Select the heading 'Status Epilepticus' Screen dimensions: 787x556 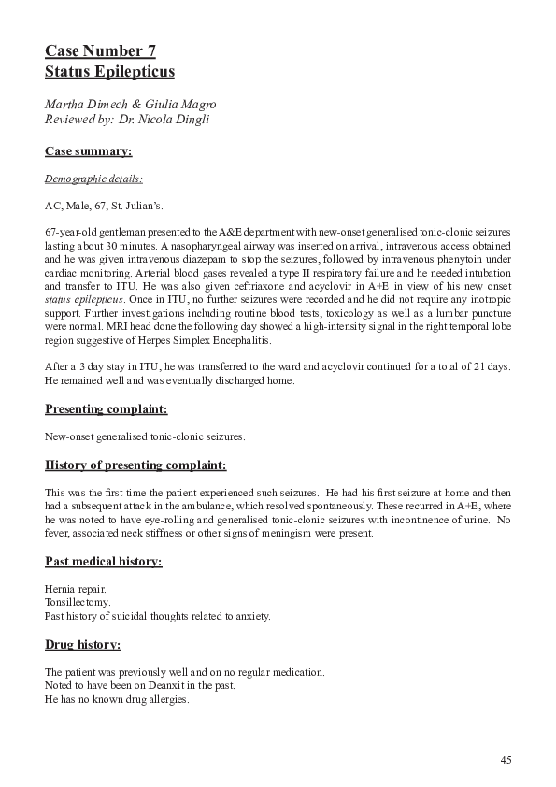coord(109,71)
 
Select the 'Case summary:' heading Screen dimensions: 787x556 coord(88,150)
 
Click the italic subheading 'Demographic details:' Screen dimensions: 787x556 coord(93,177)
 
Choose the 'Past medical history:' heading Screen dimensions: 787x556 coord(104,561)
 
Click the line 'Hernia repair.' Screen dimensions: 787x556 coord(76,589)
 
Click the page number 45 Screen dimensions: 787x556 coord(506,760)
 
